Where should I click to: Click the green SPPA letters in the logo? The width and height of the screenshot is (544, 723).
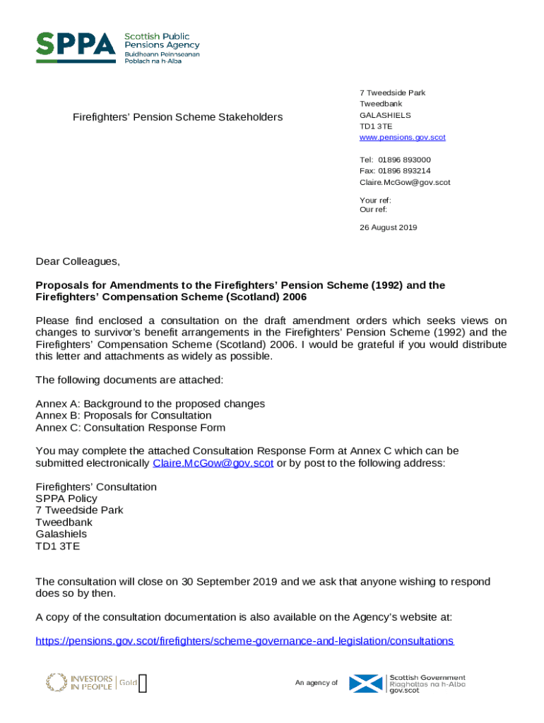76,47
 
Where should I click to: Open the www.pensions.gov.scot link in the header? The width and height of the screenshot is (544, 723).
402,137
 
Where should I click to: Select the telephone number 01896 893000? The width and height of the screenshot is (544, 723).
404,160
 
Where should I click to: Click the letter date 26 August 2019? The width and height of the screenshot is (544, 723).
388,227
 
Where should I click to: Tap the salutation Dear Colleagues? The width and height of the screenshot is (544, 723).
78,262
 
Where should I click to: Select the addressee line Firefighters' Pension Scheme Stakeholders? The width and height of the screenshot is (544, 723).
177,116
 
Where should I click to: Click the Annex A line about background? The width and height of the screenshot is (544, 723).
150,404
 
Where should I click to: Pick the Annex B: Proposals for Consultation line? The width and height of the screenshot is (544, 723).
123,415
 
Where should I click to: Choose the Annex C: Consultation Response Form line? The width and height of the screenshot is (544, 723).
130,427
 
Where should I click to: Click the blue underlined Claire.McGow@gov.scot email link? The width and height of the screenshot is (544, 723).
213,463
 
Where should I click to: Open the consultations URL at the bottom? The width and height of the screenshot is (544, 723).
244,641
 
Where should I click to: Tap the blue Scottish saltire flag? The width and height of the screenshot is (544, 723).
367,683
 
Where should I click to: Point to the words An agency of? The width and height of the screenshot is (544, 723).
316,683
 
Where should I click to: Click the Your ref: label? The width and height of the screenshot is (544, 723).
375,201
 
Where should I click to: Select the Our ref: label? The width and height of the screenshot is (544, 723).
373,209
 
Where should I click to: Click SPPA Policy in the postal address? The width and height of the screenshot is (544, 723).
66,498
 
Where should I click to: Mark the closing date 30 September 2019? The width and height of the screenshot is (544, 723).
230,582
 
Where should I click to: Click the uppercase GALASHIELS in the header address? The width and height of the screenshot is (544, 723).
385,115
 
